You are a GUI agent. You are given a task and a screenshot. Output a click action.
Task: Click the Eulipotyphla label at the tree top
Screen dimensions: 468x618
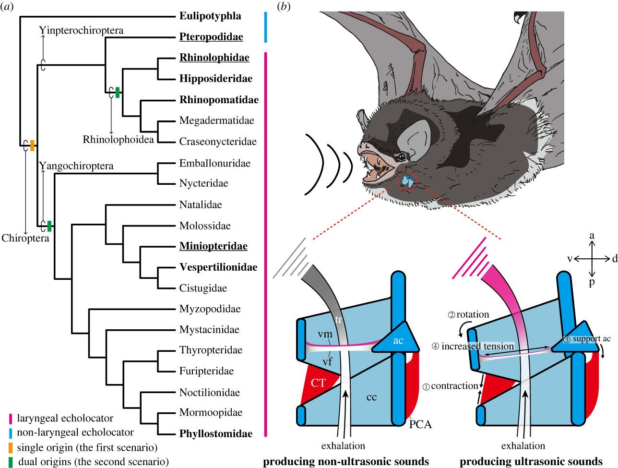point(210,16)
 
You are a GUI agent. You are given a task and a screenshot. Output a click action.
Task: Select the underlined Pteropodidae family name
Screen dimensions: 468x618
point(211,37)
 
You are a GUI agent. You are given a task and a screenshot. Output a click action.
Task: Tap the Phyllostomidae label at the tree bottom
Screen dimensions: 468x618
point(216,434)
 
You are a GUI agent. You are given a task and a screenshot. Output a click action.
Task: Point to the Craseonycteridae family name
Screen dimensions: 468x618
point(218,142)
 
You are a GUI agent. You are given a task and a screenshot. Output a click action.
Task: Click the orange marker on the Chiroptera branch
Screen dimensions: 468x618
point(32,145)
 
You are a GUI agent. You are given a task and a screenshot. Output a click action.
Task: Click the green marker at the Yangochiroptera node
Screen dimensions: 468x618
point(49,225)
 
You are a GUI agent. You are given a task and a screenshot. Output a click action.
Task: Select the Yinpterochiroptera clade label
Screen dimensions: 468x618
point(81,30)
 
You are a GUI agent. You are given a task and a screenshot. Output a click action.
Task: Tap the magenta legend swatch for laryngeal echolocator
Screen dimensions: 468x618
point(11,419)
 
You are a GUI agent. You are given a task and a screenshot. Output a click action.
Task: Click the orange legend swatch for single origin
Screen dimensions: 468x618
point(11,447)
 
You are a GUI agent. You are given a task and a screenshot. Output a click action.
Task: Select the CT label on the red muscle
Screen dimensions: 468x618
point(318,383)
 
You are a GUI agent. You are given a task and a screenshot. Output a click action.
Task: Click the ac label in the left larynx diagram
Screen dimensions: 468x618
point(398,340)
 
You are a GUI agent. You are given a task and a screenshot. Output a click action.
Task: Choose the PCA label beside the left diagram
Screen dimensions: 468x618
point(420,424)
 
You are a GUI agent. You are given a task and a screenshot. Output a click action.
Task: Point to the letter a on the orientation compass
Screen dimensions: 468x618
point(592,235)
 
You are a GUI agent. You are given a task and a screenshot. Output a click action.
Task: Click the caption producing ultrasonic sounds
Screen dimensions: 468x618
point(531,462)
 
